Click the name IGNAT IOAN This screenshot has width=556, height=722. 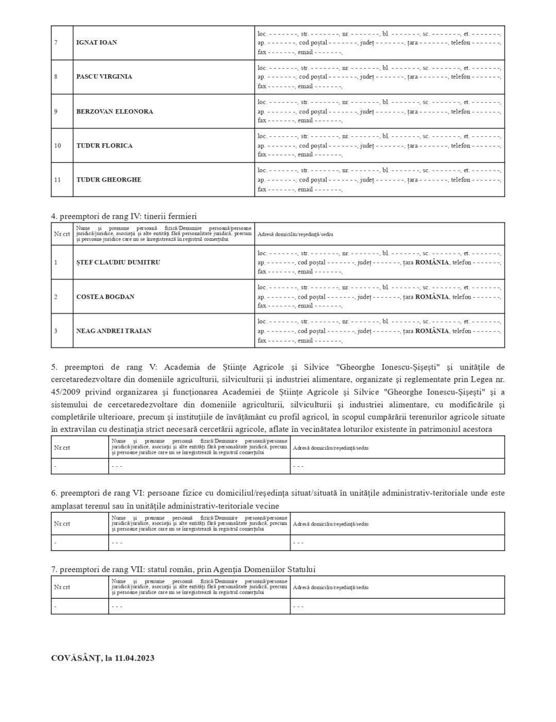(x=96, y=43)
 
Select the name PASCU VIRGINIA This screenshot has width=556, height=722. (x=104, y=77)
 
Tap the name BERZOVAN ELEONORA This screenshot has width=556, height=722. (x=114, y=111)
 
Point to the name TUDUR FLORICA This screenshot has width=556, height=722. (x=104, y=146)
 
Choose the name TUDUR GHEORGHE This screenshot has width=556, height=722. (x=109, y=180)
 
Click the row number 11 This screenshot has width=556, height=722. (x=57, y=180)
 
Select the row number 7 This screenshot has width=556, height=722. (x=56, y=43)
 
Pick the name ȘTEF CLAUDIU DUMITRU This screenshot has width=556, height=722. (x=118, y=262)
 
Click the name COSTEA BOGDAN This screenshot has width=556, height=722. (x=105, y=297)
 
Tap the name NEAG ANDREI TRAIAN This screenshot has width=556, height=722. (x=114, y=331)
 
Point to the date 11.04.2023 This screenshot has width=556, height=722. (x=134, y=659)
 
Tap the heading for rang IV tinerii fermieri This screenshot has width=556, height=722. (x=124, y=217)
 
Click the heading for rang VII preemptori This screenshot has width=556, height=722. (x=183, y=570)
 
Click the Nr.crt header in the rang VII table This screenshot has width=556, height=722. (x=62, y=587)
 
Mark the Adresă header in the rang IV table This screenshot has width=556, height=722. (x=295, y=234)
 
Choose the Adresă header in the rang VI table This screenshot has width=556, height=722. (x=330, y=524)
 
